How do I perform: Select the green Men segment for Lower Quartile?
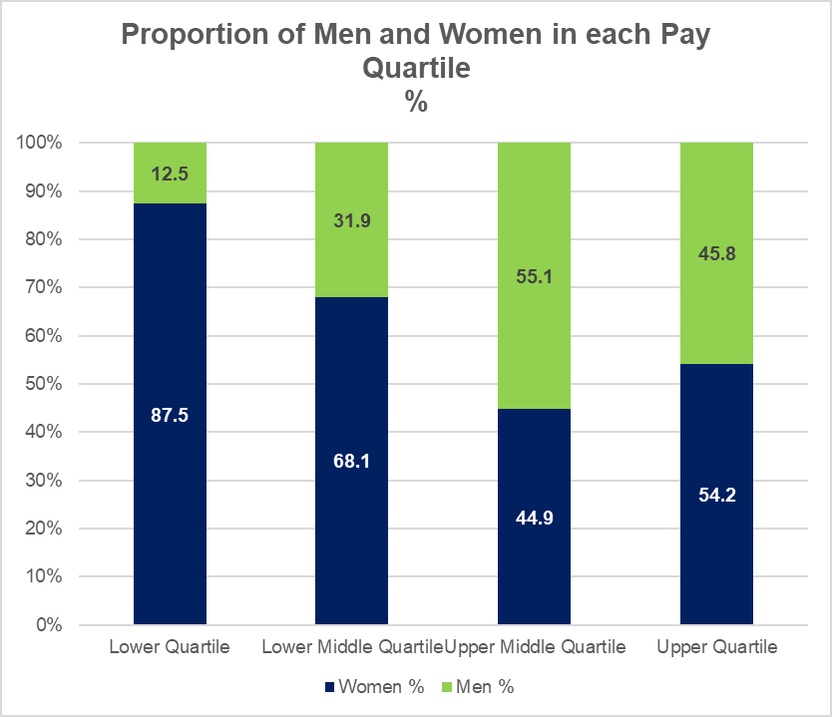(170, 160)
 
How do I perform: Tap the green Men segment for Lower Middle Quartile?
(351, 249)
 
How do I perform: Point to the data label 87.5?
(170, 415)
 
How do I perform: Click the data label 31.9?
(351, 220)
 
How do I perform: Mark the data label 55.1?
(534, 276)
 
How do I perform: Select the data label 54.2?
(716, 495)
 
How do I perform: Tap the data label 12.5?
(170, 174)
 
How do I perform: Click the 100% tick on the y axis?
(39, 143)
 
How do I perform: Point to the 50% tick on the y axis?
(43, 384)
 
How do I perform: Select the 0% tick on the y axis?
(47, 625)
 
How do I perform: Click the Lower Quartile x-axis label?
(170, 647)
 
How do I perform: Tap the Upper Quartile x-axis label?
(716, 647)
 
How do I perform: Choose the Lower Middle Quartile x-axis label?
(351, 647)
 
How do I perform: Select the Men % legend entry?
(485, 687)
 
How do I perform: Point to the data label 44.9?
(534, 518)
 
